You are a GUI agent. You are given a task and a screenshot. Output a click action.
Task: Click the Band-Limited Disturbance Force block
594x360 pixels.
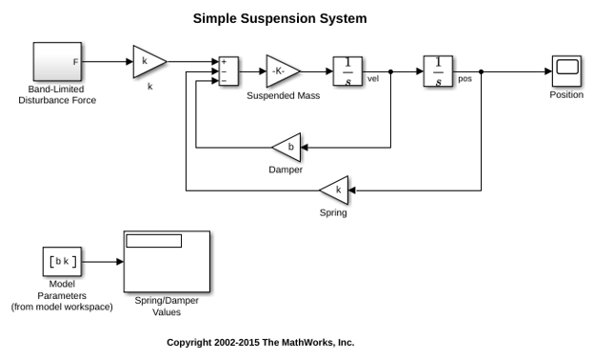[x=57, y=61]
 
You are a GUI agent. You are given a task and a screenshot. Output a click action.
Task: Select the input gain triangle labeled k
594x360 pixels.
[x=149, y=62]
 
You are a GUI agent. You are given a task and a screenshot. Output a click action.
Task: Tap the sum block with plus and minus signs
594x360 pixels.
[x=228, y=71]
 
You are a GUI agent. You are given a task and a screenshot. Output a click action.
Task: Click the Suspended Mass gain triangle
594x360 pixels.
[x=283, y=71]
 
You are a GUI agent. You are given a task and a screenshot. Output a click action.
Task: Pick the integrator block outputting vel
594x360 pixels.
[x=347, y=71]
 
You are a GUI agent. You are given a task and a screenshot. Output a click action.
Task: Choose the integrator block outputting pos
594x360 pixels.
[x=438, y=71]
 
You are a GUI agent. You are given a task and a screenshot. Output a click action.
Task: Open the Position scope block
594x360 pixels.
[x=566, y=71]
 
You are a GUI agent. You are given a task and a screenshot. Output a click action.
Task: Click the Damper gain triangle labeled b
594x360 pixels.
[x=287, y=148]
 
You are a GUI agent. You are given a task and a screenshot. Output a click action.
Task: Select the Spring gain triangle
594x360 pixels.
[x=334, y=190]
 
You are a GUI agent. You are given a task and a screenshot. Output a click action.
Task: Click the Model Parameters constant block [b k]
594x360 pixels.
[x=62, y=262]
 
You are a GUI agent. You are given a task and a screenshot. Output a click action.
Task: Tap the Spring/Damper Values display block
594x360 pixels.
[x=167, y=262]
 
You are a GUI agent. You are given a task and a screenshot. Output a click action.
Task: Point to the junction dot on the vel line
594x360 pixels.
[x=390, y=71]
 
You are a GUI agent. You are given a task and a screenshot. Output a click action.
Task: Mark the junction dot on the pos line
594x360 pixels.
[x=481, y=71]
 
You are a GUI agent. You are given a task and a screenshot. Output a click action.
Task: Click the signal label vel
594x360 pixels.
[x=373, y=79]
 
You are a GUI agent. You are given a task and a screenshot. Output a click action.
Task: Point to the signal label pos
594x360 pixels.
[x=465, y=79]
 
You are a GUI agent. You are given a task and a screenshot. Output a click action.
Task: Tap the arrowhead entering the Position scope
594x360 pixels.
[x=548, y=71]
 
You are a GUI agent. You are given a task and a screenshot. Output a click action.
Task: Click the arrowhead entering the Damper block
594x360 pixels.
[x=305, y=148]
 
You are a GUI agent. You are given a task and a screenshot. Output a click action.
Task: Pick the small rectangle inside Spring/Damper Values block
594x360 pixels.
[x=154, y=241]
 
